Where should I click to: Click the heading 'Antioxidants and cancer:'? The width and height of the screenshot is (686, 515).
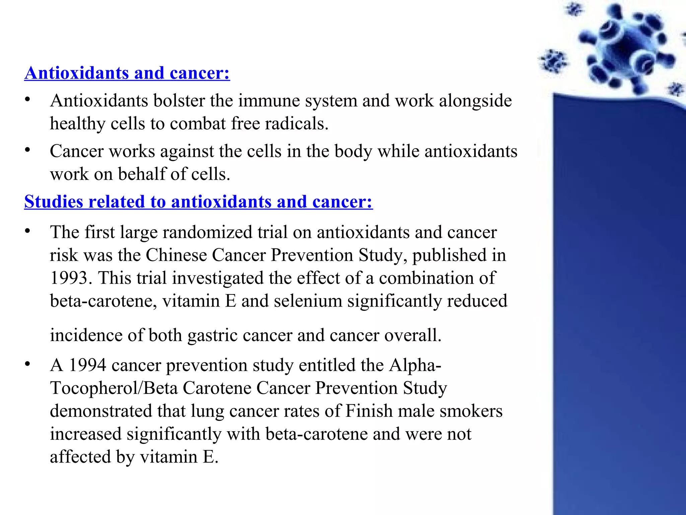point(127,73)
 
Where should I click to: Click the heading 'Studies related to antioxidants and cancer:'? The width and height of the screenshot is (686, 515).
point(198,202)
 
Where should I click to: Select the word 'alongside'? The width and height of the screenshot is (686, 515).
point(475,101)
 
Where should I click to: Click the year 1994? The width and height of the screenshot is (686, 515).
point(87,365)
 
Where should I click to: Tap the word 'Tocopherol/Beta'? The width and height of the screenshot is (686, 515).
point(114,388)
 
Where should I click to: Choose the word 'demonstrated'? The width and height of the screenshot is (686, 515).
point(101,411)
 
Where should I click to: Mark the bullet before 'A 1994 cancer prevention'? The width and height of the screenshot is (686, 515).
point(27,364)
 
